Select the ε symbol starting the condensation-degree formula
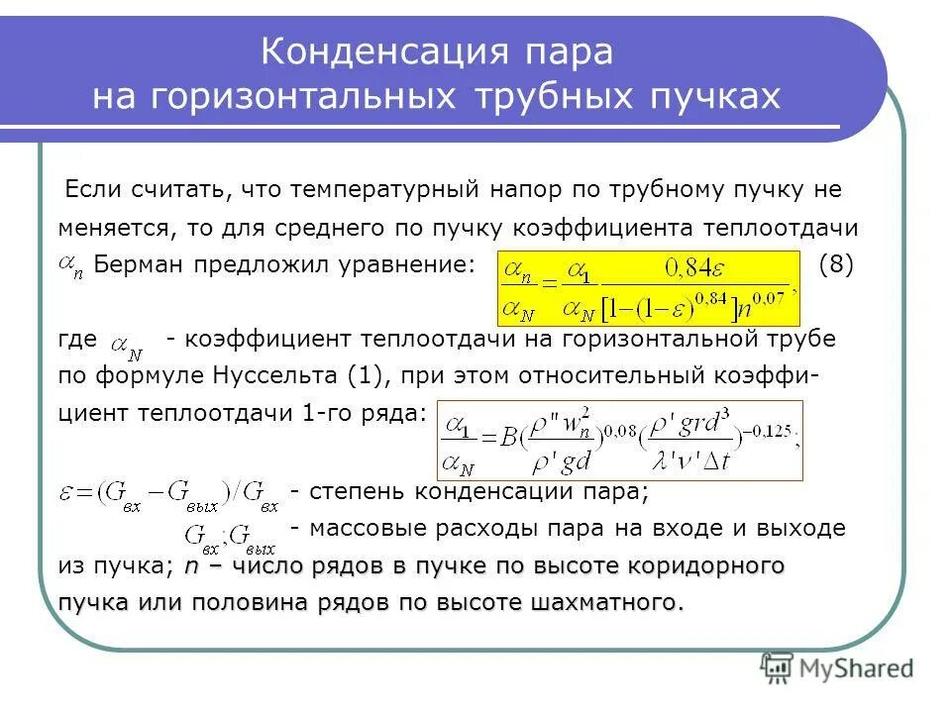[x=67, y=492]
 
